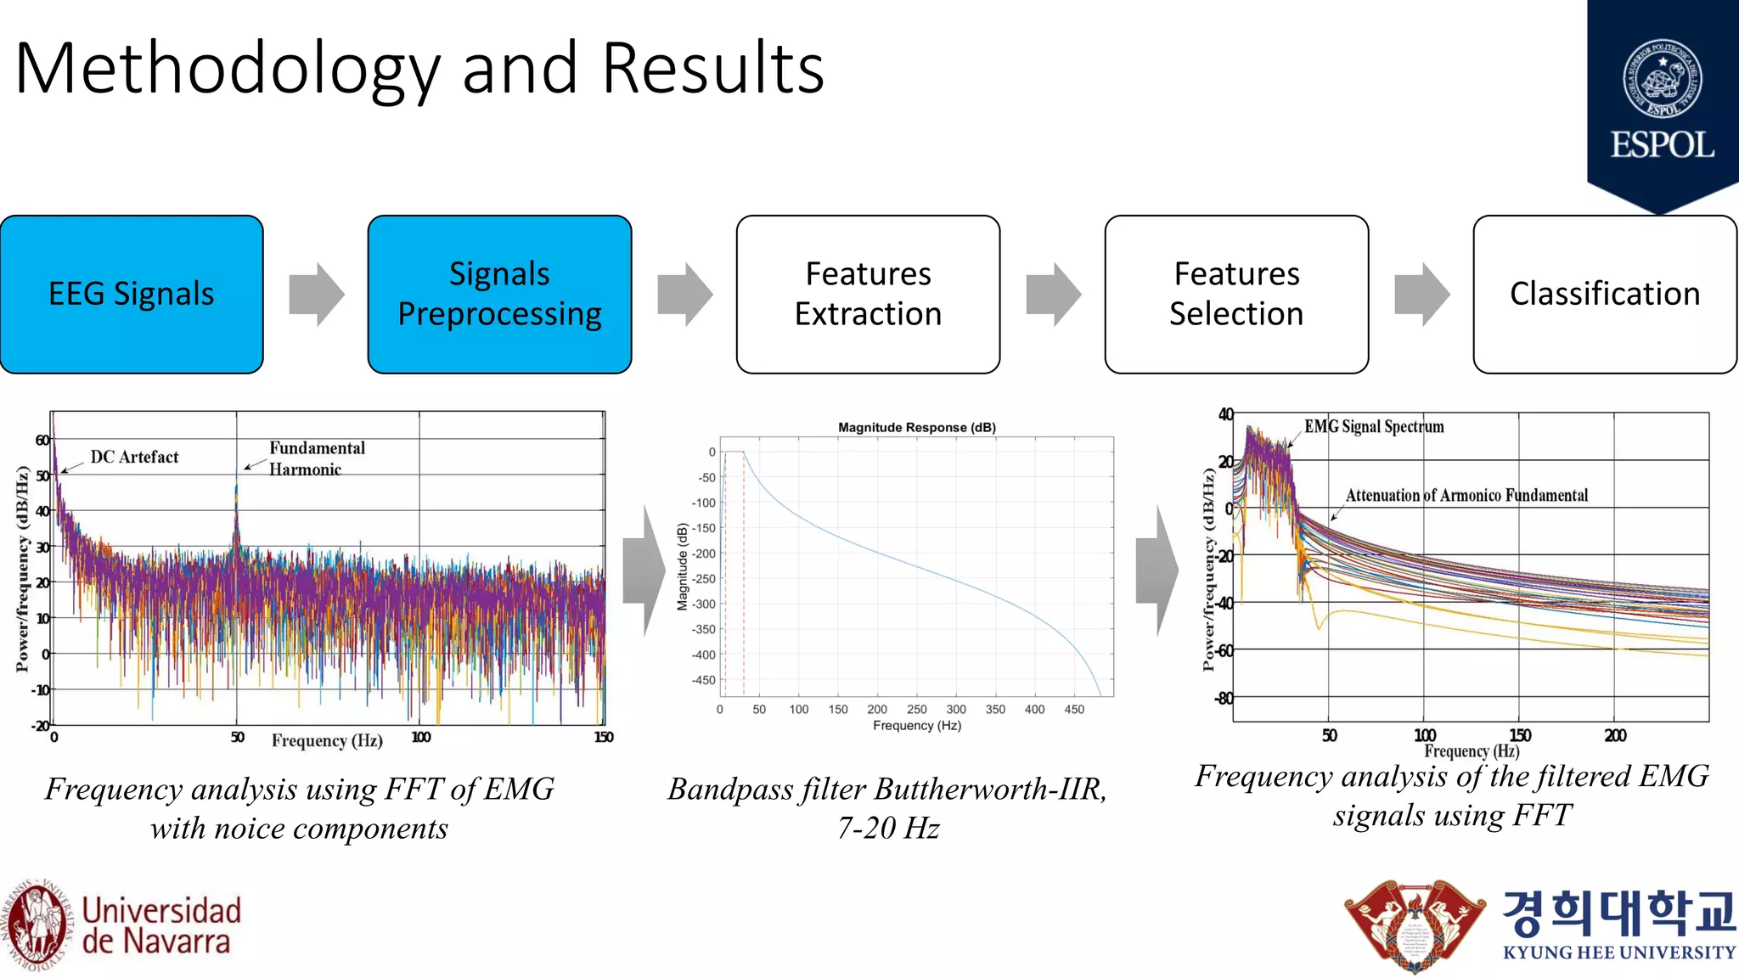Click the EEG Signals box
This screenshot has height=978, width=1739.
coord(132,294)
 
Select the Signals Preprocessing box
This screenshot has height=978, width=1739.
coord(499,294)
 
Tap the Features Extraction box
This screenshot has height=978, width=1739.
coord(868,294)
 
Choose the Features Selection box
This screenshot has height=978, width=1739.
coord(1236,294)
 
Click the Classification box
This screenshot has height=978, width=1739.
coord(1605,294)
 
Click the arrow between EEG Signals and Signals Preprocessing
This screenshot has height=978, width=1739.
coord(316,295)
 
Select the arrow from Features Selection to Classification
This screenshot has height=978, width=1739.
coord(1421,295)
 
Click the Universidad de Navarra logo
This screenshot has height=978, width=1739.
coord(123,925)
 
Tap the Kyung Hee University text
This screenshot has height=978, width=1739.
coord(1618,953)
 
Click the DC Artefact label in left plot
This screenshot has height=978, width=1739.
coord(134,457)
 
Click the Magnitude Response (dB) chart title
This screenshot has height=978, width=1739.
coord(916,427)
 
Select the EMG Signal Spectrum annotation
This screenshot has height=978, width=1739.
coord(1373,426)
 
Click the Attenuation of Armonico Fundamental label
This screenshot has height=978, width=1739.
coord(1466,495)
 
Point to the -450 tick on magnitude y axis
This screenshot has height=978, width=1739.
coord(704,680)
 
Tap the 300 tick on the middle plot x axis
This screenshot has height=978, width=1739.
coord(956,710)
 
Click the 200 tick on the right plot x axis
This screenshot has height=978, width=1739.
coord(1615,735)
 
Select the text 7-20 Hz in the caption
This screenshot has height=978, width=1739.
coord(888,828)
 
